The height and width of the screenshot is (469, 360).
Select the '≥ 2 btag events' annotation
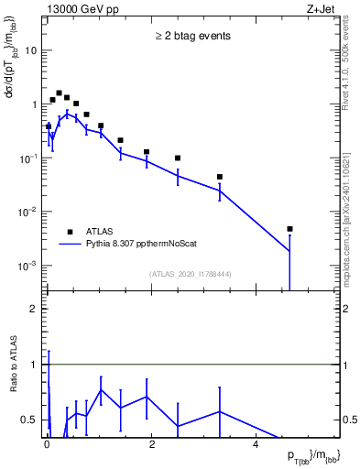pyautogui.click(x=191, y=36)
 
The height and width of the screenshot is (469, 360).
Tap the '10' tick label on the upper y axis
pyautogui.click(x=31, y=50)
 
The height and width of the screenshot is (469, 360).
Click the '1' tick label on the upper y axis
pyautogui.click(x=35, y=104)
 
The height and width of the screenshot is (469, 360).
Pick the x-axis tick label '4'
pyautogui.click(x=256, y=446)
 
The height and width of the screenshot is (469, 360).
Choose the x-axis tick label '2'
pyautogui.click(x=151, y=446)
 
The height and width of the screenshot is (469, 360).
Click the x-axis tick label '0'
pyautogui.click(x=47, y=446)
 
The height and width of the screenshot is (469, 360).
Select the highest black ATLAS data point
pyautogui.click(x=59, y=93)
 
